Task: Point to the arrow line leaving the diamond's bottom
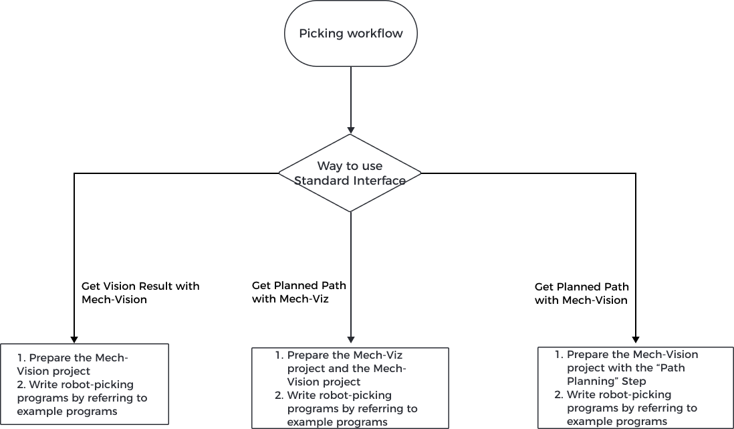pyautogui.click(x=350, y=274)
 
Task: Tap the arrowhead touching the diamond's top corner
pyautogui.click(x=350, y=131)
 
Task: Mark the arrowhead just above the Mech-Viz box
pyautogui.click(x=350, y=339)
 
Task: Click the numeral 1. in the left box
pyautogui.click(x=21, y=358)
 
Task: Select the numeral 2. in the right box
pyautogui.click(x=559, y=394)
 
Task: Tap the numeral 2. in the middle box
pyautogui.click(x=279, y=396)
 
